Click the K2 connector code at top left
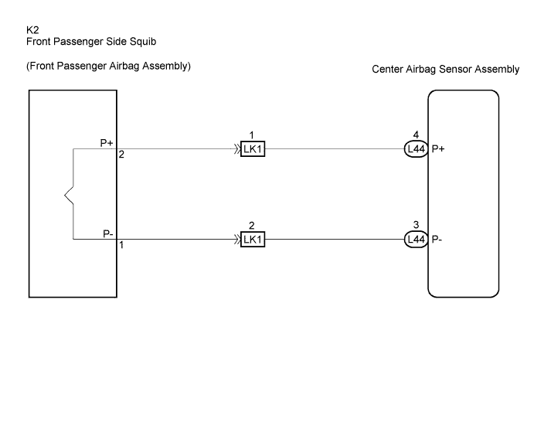coord(32,30)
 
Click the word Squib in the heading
coord(143,42)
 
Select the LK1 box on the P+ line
coord(253,149)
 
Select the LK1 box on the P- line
coord(253,239)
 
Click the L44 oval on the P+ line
coord(417,149)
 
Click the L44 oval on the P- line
coord(417,239)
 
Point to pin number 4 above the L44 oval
coord(416,135)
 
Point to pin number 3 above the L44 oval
coord(416,225)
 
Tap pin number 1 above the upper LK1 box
coord(252,135)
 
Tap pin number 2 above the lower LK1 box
coord(252,226)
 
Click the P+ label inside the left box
coord(107,143)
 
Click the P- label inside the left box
coord(108,233)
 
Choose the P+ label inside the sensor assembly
coord(438,149)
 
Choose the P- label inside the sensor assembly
coord(437,239)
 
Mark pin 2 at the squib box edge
coord(121,155)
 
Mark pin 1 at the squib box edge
coord(121,245)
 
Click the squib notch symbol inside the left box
coord(69,196)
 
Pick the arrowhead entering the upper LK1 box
coord(237,149)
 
